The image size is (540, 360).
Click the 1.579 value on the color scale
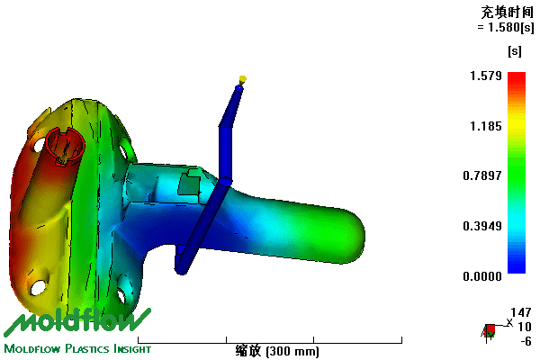486,76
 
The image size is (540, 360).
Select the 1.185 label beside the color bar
486,126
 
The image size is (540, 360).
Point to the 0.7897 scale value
482,175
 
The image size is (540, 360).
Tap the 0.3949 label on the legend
482,226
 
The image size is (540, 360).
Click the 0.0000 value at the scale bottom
482,276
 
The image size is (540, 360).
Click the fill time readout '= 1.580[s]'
506,27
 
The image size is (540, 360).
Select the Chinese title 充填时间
508,13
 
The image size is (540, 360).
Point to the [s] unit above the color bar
515,51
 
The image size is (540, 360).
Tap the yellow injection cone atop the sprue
242,80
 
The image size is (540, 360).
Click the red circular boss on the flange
65,147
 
